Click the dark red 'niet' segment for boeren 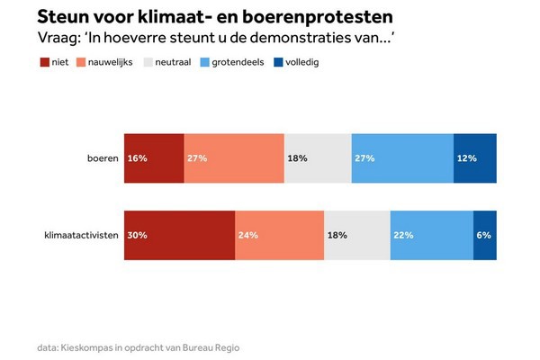[x=154, y=157]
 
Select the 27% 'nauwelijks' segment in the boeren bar [x=234, y=157]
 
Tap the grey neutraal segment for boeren [x=318, y=157]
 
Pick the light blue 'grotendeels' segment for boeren [x=402, y=157]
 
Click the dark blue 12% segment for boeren [x=474, y=157]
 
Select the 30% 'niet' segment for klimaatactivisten [x=180, y=235]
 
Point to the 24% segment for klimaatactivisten [x=279, y=235]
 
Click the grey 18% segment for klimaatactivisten [x=357, y=235]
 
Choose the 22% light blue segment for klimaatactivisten [x=432, y=235]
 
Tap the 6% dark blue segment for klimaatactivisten [x=484, y=235]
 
